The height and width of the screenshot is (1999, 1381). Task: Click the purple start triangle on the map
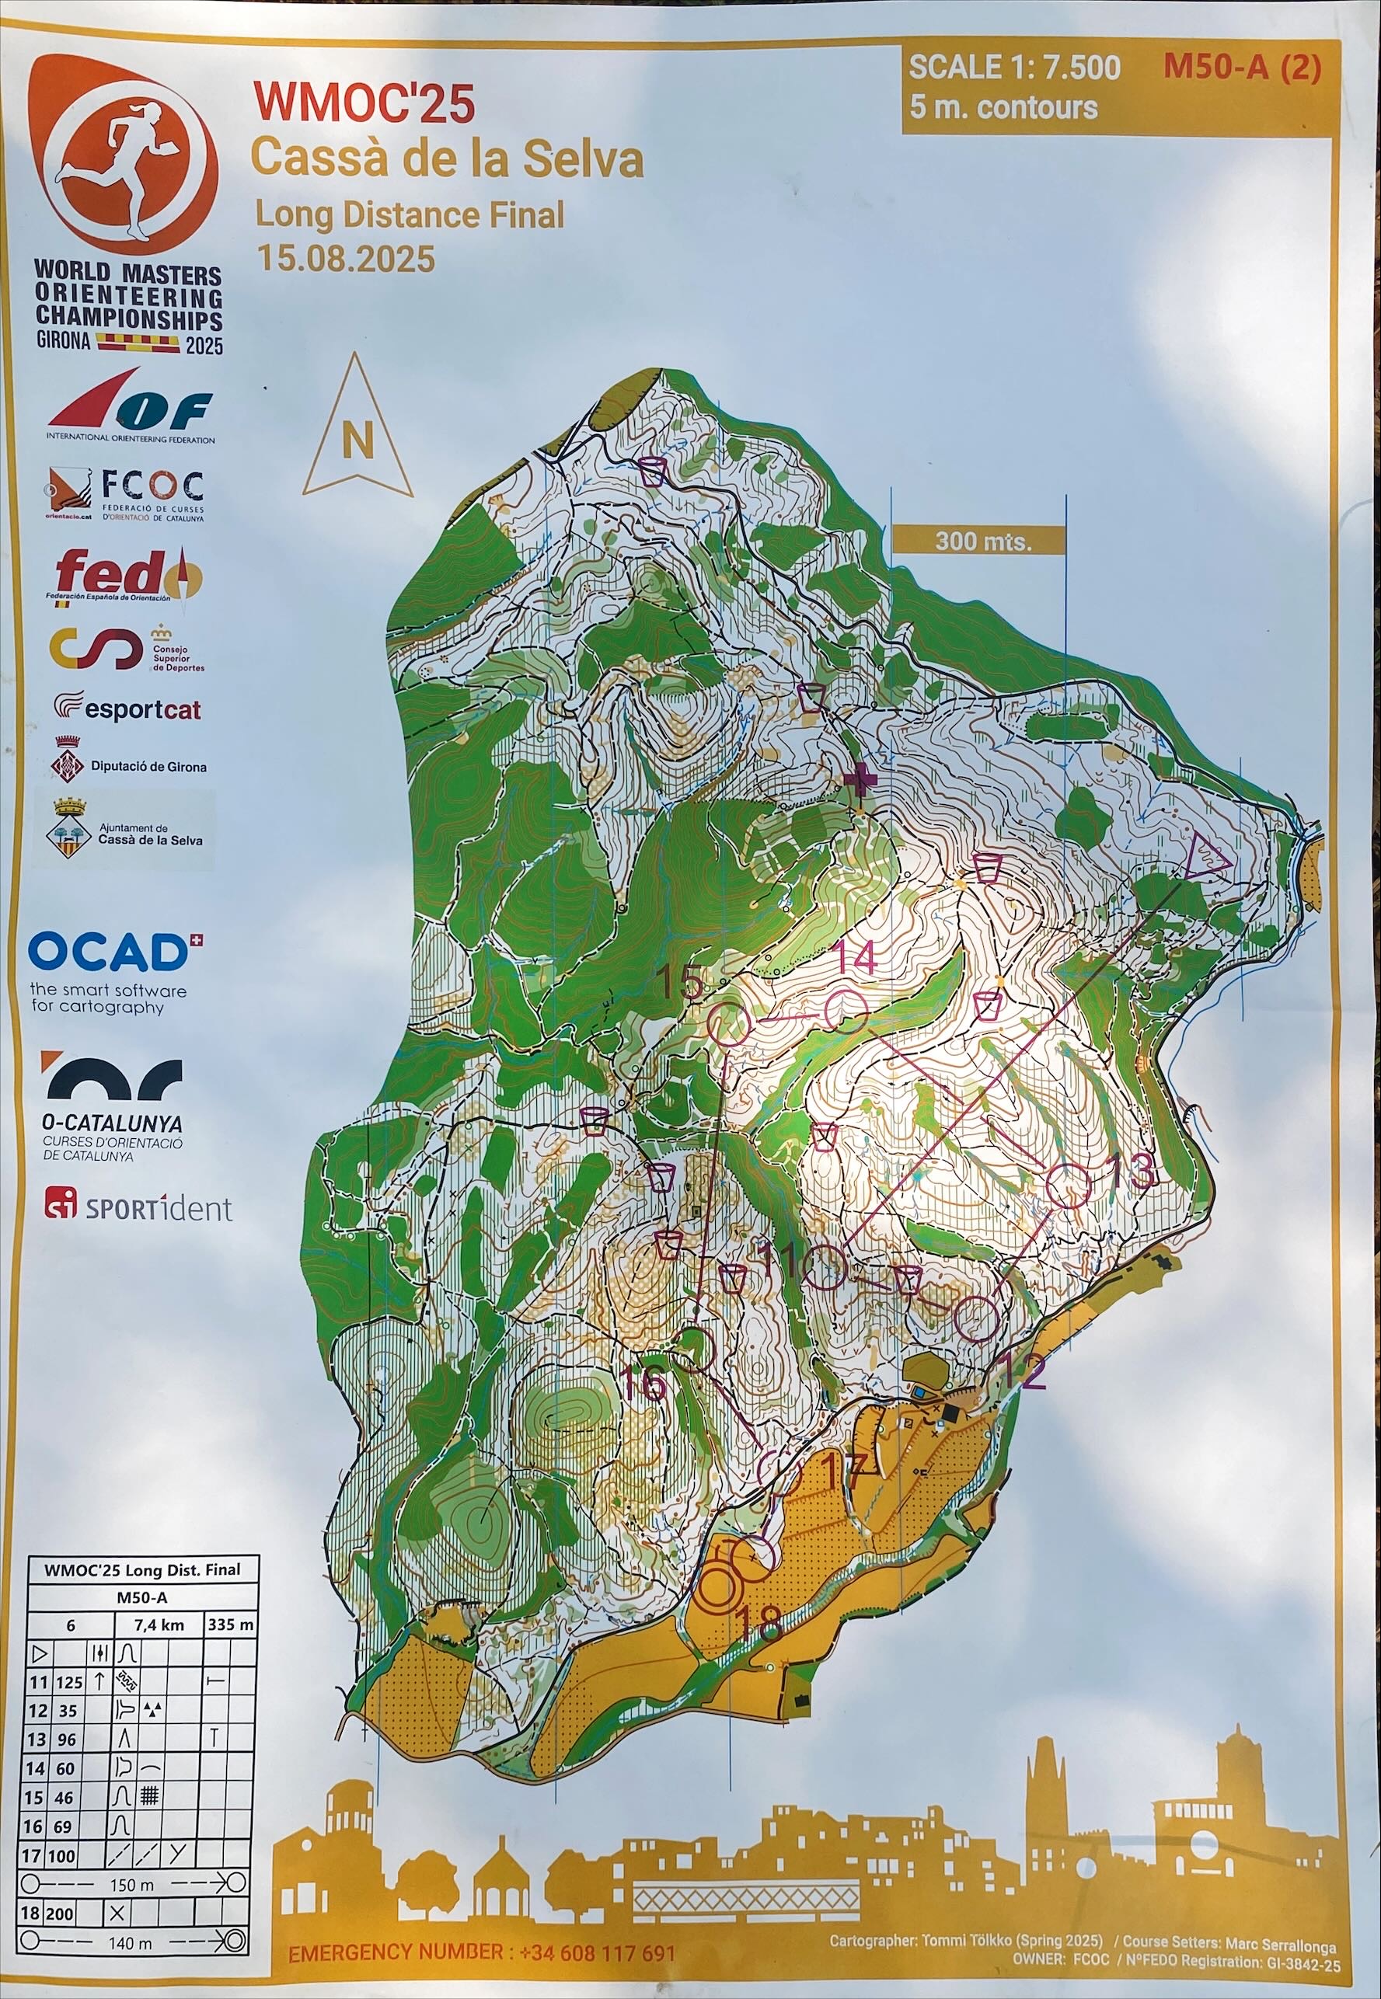pyautogui.click(x=1204, y=856)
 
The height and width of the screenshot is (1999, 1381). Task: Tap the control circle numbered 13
pyautogui.click(x=1069, y=1187)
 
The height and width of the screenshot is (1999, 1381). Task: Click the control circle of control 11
pyautogui.click(x=823, y=1267)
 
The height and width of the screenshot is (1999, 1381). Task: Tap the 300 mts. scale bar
pyautogui.click(x=978, y=542)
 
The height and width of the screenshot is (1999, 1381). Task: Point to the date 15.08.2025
pyautogui.click(x=344, y=258)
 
